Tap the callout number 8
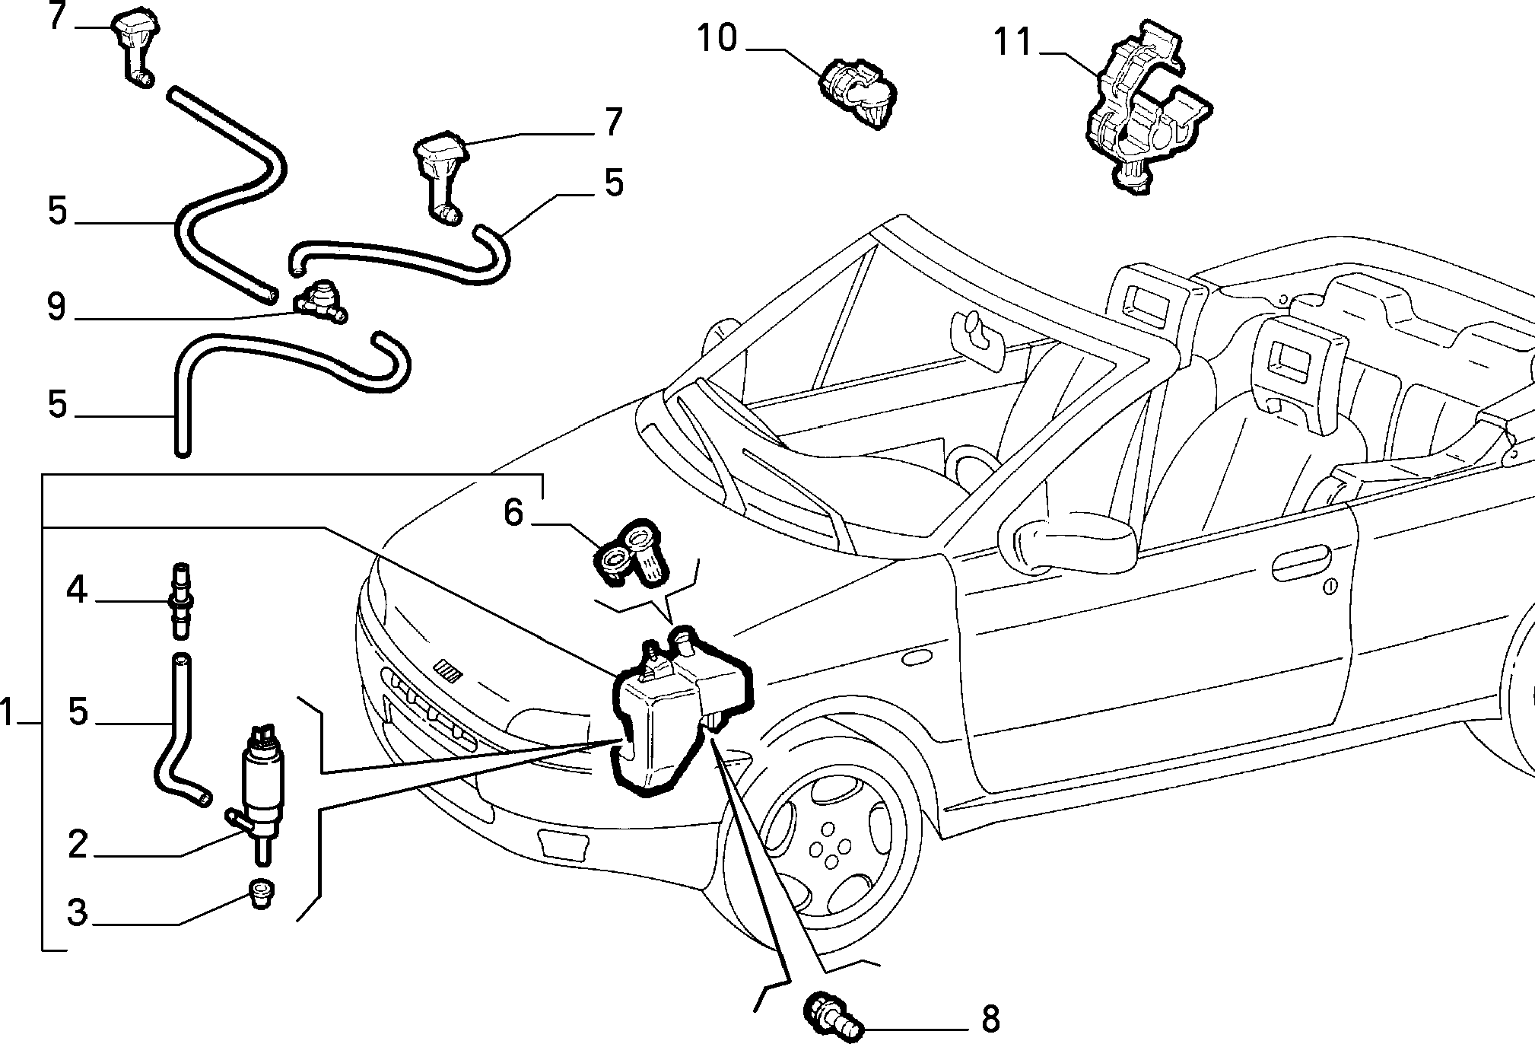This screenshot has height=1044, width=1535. (x=990, y=1017)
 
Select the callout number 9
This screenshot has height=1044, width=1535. (x=56, y=307)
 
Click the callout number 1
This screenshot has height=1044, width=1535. (x=8, y=714)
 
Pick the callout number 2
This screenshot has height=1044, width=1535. (x=78, y=845)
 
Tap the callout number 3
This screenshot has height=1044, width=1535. (x=78, y=912)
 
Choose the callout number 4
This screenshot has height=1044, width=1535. (x=77, y=590)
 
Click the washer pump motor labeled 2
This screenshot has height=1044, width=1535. (x=260, y=791)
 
